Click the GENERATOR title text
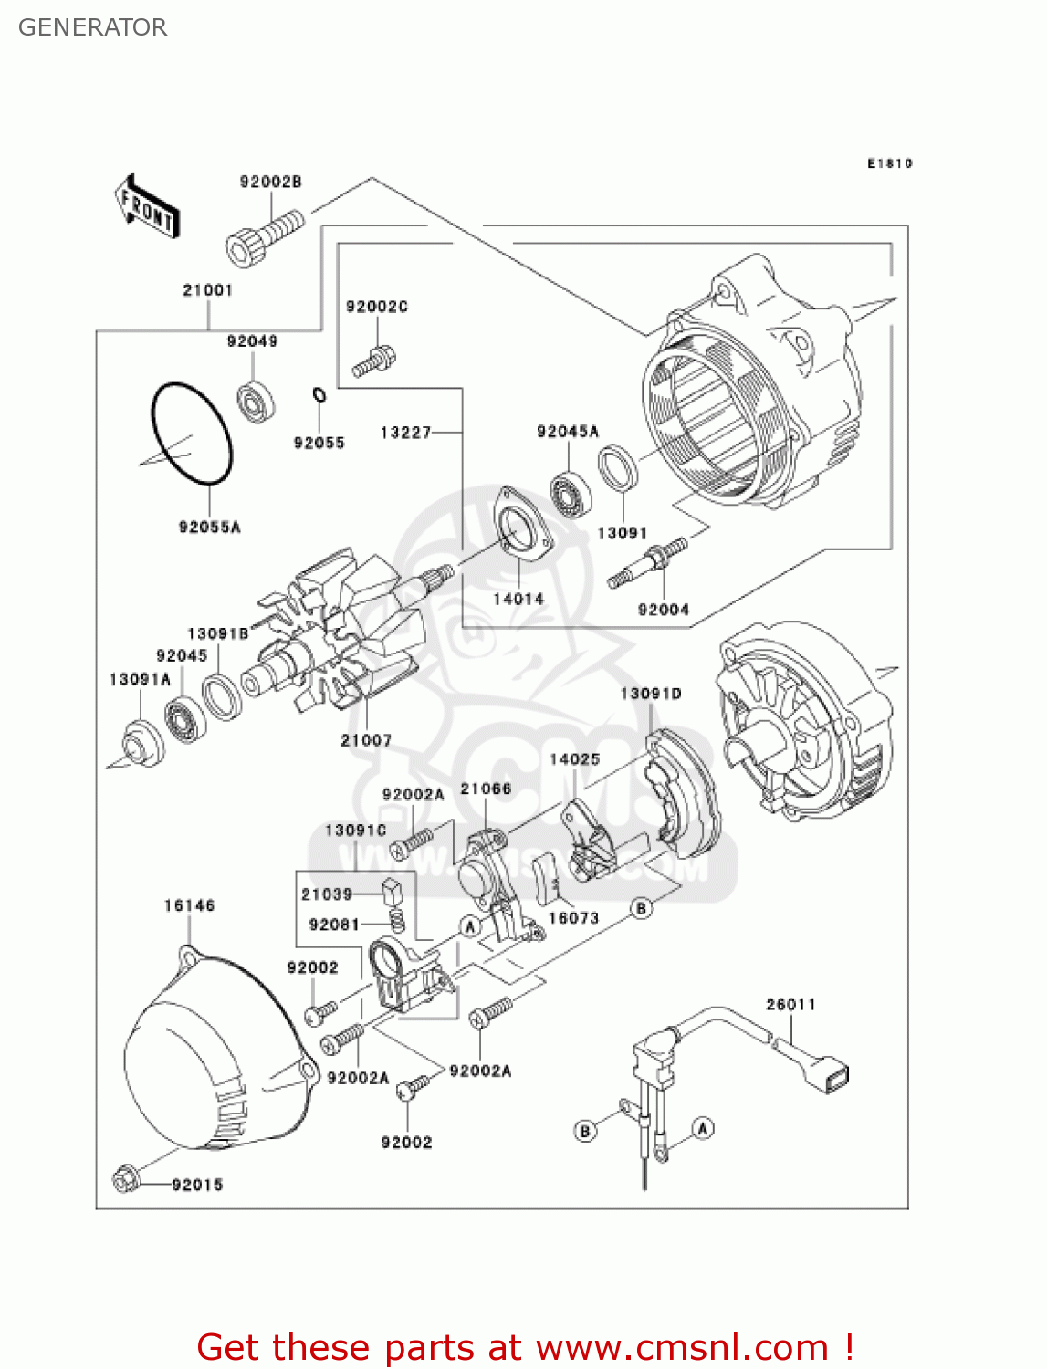pos(92,27)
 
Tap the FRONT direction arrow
pos(147,207)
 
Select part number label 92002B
pos(270,182)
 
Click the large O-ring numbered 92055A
pos(192,434)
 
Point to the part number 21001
pos(208,290)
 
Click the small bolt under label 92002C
pos(373,362)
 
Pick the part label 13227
pos(405,432)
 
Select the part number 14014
pos(518,599)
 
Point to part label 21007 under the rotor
pos(366,740)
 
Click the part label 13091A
pos(140,679)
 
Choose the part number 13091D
pos(651,694)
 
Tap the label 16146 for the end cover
pos(189,905)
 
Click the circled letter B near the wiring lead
pos(585,1131)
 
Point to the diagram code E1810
pos(889,163)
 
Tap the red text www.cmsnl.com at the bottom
pos(681,1347)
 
